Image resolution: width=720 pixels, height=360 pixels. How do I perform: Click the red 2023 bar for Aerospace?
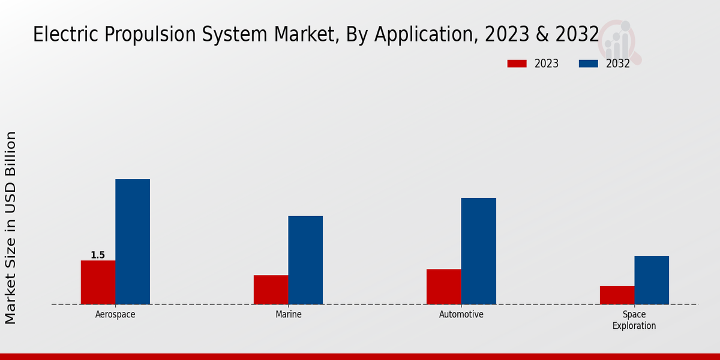98,282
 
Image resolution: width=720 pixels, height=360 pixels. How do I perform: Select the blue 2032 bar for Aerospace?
133,241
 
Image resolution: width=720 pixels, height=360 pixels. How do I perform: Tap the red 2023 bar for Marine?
271,289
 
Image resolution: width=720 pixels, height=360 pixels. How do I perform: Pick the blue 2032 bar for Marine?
305,260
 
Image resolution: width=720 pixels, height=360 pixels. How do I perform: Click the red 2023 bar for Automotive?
444,286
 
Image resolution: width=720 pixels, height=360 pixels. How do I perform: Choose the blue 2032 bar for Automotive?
479,251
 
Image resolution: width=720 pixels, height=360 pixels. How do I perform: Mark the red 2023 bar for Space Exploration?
617,295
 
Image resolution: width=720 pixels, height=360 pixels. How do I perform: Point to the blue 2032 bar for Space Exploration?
652,280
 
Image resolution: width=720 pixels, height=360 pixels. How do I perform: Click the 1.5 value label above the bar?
98,255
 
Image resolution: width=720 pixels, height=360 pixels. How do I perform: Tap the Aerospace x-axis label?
115,314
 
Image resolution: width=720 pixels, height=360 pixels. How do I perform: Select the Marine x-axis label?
289,314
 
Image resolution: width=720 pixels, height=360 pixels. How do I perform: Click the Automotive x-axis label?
461,314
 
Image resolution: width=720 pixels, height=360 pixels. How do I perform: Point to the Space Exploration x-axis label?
634,320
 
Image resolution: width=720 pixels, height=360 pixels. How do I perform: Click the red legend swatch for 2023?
517,64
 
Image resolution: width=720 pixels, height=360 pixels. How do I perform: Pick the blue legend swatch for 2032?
589,64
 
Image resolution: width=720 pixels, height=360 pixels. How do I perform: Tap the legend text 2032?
618,64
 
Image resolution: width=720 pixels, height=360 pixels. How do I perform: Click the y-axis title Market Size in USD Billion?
11,228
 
